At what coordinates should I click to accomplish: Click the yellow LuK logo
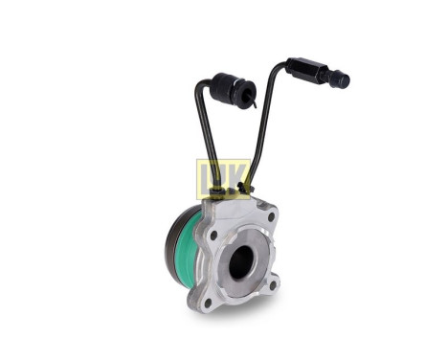coord(222,178)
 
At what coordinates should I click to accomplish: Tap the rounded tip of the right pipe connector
coord(343,80)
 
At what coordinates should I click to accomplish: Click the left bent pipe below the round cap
coord(204,134)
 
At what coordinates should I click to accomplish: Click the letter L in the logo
coord(206,179)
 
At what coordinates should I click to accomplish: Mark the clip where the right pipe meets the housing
coord(251,196)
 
